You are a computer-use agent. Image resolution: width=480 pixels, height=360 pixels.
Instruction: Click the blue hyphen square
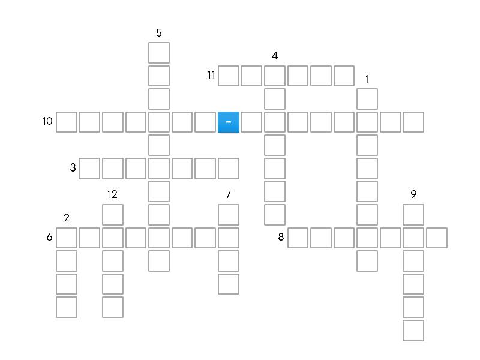click(x=229, y=122)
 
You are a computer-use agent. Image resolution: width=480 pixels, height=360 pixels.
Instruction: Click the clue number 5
click(x=159, y=33)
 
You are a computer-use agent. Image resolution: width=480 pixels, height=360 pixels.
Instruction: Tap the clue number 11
click(x=211, y=75)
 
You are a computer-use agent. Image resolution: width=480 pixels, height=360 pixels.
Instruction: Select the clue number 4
click(x=275, y=56)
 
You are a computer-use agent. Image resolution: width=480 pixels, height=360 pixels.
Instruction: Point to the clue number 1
click(x=368, y=79)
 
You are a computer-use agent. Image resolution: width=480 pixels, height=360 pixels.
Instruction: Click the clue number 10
click(x=47, y=121)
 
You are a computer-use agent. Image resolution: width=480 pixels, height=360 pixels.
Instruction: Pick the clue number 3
click(x=73, y=168)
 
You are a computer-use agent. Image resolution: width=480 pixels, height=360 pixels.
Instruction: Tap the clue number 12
click(x=113, y=194)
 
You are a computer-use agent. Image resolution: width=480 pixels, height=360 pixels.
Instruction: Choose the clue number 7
click(x=229, y=194)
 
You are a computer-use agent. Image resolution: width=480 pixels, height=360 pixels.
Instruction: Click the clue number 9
click(x=413, y=194)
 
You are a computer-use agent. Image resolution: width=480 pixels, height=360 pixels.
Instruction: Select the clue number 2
click(x=67, y=218)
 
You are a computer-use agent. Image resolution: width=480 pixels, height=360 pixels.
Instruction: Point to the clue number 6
click(x=49, y=237)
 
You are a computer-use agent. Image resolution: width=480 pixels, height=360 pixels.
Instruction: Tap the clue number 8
click(x=281, y=237)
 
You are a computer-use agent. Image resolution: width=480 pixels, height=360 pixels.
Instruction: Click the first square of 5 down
click(x=159, y=53)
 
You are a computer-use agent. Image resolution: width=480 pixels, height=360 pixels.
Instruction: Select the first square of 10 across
click(x=67, y=122)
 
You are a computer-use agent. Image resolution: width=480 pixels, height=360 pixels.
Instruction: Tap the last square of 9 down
click(x=413, y=331)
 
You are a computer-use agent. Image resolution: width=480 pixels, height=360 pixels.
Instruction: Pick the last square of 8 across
click(x=437, y=238)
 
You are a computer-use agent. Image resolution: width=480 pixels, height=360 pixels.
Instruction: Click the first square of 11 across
click(x=229, y=76)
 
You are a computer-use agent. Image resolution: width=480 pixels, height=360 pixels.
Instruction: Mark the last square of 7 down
click(x=229, y=284)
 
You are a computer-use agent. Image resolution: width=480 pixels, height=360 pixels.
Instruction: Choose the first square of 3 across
click(x=89, y=169)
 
